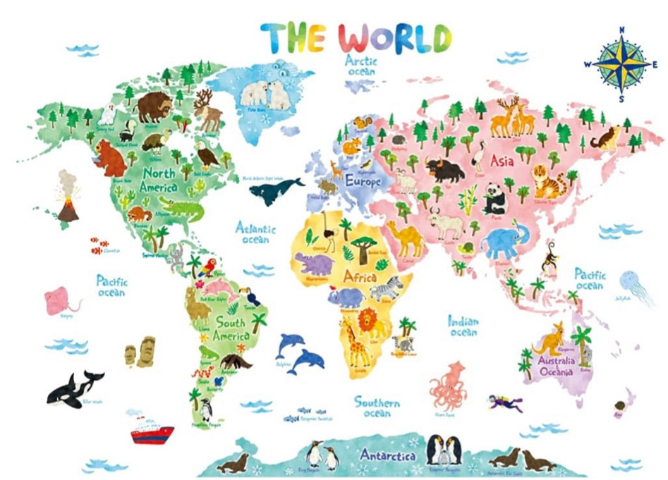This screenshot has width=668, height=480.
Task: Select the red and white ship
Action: point(151,429)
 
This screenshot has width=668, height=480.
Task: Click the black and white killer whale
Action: point(73,388)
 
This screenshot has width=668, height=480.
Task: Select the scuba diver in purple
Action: point(506,403)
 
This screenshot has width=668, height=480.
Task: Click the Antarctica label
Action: point(388,454)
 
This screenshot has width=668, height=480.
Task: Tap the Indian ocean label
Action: point(463,326)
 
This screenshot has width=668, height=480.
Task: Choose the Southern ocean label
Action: point(377,407)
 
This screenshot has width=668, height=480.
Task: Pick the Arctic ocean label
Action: point(361,66)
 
